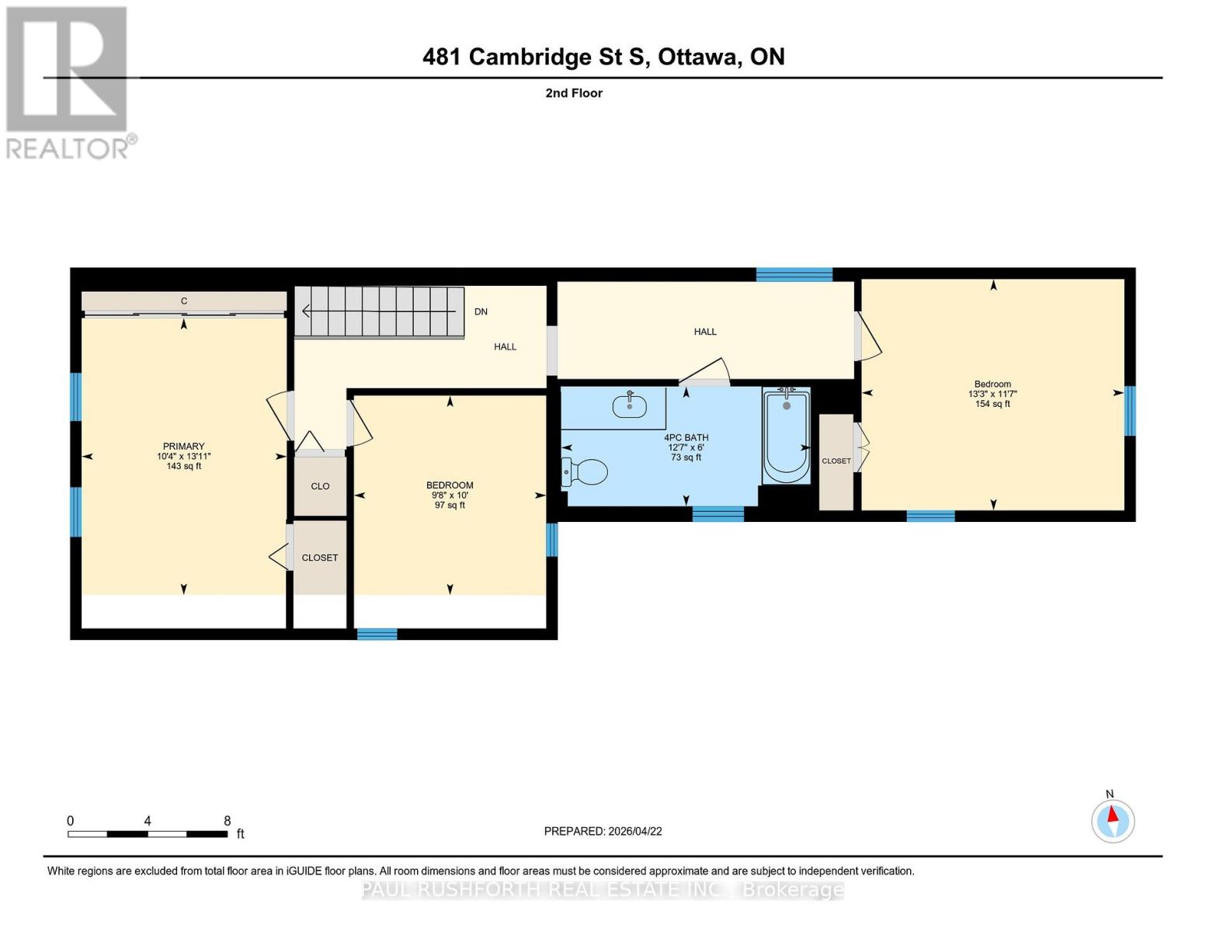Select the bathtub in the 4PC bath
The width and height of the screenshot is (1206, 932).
(x=786, y=435)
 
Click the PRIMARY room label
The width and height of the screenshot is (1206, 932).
(x=183, y=446)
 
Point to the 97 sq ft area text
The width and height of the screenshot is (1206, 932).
(x=450, y=505)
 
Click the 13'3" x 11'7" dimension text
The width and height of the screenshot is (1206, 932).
(x=992, y=394)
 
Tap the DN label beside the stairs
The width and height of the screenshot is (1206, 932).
(x=481, y=311)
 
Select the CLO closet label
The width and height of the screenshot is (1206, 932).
(x=320, y=486)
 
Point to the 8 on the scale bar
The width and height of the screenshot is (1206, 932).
(x=227, y=820)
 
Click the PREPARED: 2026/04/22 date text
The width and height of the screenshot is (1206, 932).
(x=603, y=831)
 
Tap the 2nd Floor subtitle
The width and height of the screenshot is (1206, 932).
(x=574, y=93)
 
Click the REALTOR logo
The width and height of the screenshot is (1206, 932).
(x=68, y=82)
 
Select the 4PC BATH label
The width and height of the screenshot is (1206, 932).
(x=686, y=437)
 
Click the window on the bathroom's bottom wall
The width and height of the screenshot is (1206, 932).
(x=718, y=513)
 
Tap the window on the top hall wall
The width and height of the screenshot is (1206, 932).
(x=794, y=273)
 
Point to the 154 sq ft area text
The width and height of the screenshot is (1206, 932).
(x=992, y=404)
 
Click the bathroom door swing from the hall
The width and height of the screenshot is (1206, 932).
(x=705, y=372)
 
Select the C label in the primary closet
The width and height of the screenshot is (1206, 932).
(x=184, y=301)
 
